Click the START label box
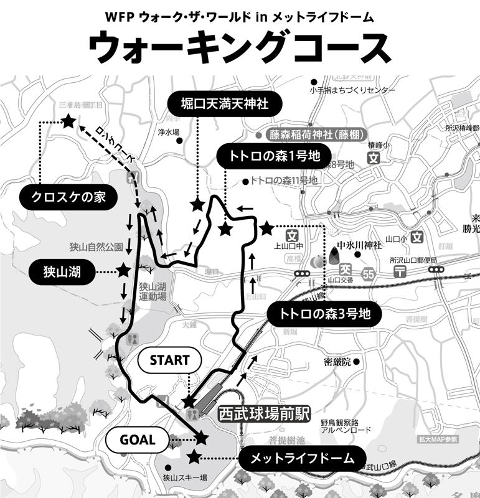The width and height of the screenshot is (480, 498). click(169, 360)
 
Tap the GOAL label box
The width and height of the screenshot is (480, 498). click(138, 439)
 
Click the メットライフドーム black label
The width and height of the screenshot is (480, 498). click(302, 459)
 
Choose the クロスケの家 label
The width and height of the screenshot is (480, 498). click(67, 197)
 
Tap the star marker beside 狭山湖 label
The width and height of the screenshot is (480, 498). click(123, 270)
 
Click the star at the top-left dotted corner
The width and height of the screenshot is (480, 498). click(68, 122)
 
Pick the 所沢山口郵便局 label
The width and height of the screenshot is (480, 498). click(413, 260)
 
